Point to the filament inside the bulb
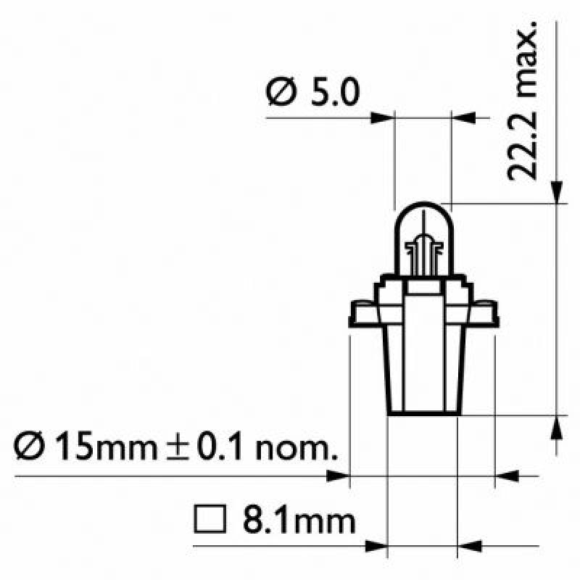tap(423, 250)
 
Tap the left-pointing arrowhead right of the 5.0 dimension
tap(464, 115)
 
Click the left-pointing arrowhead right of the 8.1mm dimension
tap(472, 544)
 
